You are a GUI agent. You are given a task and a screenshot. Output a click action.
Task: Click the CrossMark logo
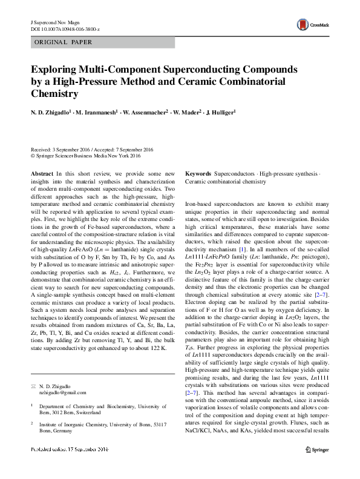tap(310, 25)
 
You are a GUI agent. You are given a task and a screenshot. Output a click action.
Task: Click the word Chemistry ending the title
tap(54, 94)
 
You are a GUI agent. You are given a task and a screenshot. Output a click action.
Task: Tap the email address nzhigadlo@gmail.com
tap(65, 392)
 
